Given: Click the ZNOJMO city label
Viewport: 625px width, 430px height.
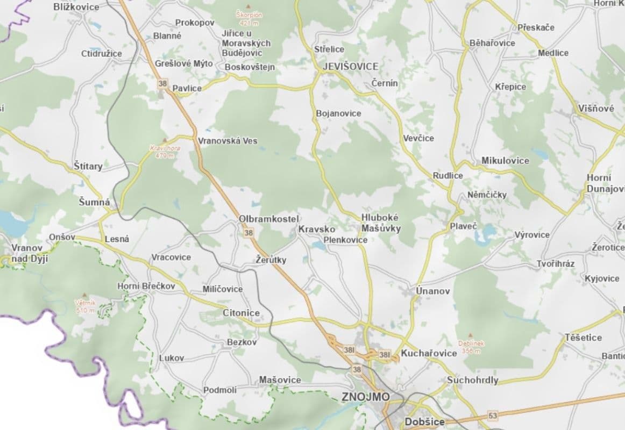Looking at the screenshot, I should click(x=365, y=397).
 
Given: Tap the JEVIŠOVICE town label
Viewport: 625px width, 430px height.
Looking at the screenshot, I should click(x=350, y=66).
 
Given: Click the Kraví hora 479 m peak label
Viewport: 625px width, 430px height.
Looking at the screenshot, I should click(x=165, y=151).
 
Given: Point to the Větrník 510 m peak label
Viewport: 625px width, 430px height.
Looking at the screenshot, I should click(x=85, y=306).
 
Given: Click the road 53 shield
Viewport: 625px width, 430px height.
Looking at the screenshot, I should click(x=492, y=415).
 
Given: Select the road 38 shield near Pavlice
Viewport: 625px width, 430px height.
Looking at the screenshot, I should click(x=162, y=83).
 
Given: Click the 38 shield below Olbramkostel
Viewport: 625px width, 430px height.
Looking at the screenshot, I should click(x=248, y=233).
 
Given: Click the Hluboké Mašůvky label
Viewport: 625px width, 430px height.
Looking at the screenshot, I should click(x=380, y=223).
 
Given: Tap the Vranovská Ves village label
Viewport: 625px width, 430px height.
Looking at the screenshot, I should click(x=228, y=141).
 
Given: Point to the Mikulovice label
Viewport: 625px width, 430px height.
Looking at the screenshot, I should click(x=505, y=160).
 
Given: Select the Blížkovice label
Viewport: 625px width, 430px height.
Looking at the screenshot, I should click(x=76, y=7).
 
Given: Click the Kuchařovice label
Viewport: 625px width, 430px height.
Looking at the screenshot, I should click(x=429, y=353).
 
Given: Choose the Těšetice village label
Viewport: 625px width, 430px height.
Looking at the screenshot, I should click(x=583, y=338).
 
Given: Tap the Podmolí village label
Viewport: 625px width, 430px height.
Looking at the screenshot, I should click(x=219, y=390).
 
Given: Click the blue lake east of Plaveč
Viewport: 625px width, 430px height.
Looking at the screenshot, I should click(x=488, y=233).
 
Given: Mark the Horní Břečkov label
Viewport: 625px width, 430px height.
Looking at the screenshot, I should click(x=146, y=286).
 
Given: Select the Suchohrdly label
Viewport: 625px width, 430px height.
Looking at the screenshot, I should click(x=472, y=380).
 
